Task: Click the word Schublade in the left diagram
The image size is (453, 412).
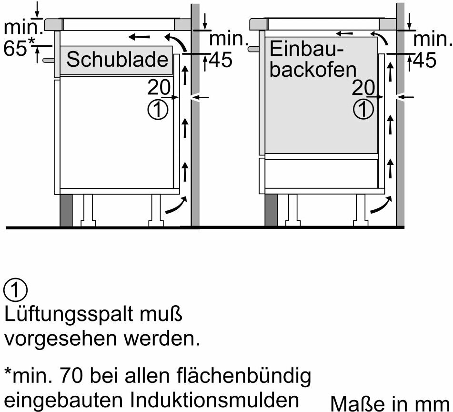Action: point(117,60)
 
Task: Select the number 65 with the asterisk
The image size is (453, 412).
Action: point(19,47)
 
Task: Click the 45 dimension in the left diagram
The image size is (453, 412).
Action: point(221,61)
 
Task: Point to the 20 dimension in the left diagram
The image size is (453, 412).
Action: point(159,87)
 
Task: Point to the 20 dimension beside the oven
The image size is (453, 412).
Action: point(363,87)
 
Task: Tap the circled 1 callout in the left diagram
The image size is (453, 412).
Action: point(158,110)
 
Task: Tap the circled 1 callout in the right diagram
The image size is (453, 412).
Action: point(363,110)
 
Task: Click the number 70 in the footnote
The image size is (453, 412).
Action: point(71,376)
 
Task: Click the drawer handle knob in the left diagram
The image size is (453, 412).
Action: point(48,60)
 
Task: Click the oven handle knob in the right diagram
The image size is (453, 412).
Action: point(253,49)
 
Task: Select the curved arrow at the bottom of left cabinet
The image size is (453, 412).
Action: point(176,206)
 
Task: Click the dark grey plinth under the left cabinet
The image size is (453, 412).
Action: point(66,210)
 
